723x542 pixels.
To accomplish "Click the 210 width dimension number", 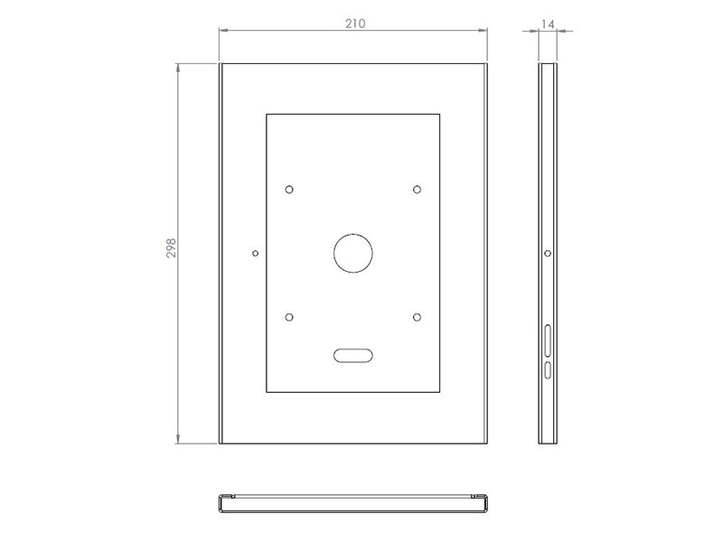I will [354, 23].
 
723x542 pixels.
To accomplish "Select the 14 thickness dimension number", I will [548, 24].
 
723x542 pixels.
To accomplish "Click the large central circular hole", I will [352, 253].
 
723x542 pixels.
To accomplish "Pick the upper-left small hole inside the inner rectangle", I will [289, 190].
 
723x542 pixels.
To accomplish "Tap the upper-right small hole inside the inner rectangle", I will [417, 190].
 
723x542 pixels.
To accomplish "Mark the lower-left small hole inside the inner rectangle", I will [289, 317].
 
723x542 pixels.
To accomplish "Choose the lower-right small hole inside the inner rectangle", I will [417, 317].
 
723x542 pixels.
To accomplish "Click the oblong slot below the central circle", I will [352, 356].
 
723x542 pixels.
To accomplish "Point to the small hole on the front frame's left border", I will [255, 253].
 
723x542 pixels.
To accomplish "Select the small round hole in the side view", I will [548, 253].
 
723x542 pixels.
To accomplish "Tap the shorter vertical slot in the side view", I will [548, 370].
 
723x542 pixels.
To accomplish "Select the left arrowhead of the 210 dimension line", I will [223, 31].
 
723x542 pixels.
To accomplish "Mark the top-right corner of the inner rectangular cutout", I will [440, 114].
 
